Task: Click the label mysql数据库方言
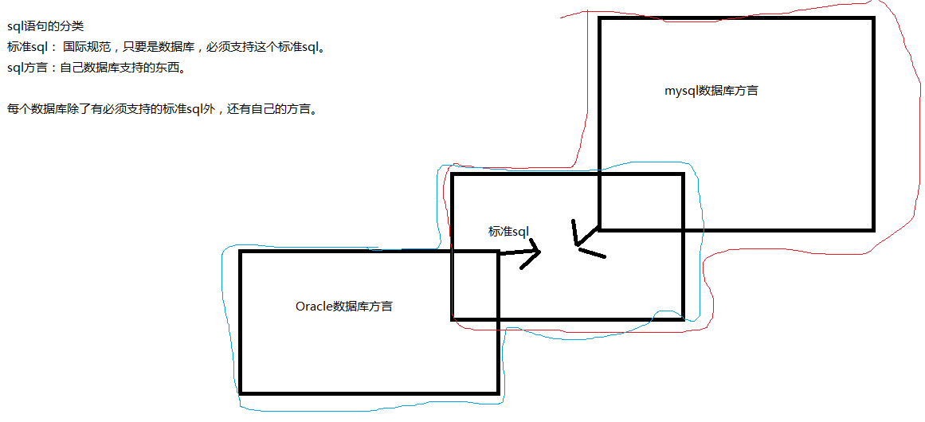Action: (x=711, y=91)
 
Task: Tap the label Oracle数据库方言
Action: (x=343, y=306)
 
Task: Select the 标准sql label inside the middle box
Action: (x=509, y=232)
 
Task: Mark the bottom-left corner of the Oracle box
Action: (x=241, y=392)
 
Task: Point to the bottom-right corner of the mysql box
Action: (x=873, y=229)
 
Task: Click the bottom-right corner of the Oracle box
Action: (x=498, y=392)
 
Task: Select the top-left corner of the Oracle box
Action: (x=241, y=252)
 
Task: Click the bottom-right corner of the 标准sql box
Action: (x=683, y=318)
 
